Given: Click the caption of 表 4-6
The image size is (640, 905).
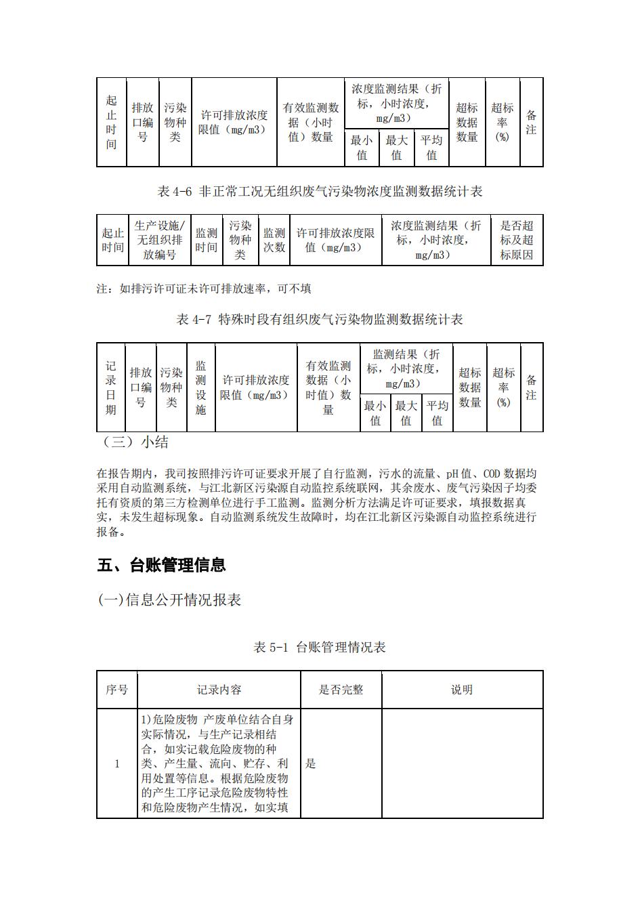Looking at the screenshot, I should pyautogui.click(x=320, y=192).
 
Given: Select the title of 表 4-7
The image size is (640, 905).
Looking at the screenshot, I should pyautogui.click(x=320, y=320).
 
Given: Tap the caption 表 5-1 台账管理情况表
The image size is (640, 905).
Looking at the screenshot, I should pyautogui.click(x=320, y=648).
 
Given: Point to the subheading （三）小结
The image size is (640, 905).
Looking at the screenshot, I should pyautogui.click(x=135, y=442).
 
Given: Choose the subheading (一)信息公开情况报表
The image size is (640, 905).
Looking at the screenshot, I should pyautogui.click(x=170, y=600).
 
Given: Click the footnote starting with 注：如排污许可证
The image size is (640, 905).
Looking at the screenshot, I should pyautogui.click(x=204, y=289).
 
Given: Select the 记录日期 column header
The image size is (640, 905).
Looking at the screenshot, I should pyautogui.click(x=110, y=387).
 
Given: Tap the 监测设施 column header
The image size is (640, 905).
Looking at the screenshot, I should pyautogui.click(x=200, y=387).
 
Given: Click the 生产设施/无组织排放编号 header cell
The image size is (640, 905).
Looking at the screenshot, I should pyautogui.click(x=159, y=240).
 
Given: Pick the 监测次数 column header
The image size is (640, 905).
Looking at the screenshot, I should pyautogui.click(x=274, y=240).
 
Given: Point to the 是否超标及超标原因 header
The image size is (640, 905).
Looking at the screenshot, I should pyautogui.click(x=517, y=240).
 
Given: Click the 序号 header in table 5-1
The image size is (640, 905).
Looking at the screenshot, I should pyautogui.click(x=116, y=690).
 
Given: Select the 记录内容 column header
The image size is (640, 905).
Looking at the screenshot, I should pyautogui.click(x=219, y=690).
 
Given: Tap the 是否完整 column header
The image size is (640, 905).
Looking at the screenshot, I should pyautogui.click(x=341, y=690).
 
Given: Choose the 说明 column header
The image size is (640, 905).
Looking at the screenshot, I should pyautogui.click(x=462, y=690).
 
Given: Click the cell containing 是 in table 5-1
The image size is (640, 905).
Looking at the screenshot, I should pyautogui.click(x=311, y=763).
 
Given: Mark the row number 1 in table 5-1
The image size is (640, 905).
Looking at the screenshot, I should pyautogui.click(x=116, y=763).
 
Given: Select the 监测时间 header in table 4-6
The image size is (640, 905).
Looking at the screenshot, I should pyautogui.click(x=207, y=240).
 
